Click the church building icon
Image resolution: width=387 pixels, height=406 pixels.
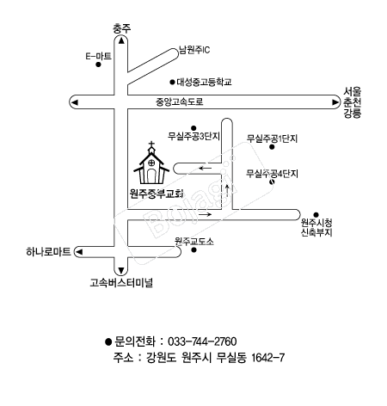(151, 163)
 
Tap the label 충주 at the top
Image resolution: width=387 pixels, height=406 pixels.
(121, 28)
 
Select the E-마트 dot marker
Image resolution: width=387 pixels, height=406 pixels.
(98, 65)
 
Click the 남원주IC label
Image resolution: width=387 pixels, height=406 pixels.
(194, 50)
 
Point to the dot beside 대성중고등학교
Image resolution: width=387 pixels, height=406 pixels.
(172, 83)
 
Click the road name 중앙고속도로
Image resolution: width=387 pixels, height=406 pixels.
(180, 101)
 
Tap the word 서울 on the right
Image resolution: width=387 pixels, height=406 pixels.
(353, 92)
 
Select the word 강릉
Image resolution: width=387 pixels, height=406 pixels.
(353, 114)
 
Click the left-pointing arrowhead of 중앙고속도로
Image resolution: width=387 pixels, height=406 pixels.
(75, 102)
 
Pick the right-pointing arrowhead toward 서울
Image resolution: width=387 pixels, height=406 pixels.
(335, 102)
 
